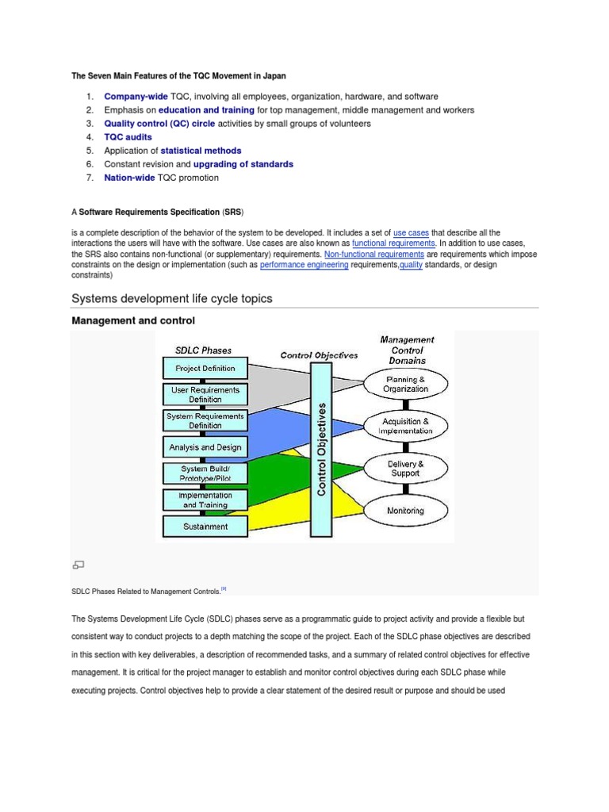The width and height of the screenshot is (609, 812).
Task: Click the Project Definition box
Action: (x=205, y=368)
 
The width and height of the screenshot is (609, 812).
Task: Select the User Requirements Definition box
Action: (x=205, y=394)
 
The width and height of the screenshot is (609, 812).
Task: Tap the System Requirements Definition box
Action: (x=205, y=420)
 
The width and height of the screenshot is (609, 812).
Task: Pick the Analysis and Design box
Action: (x=205, y=447)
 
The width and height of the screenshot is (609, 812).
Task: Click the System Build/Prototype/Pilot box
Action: (x=205, y=473)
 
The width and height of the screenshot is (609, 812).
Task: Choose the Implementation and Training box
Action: (x=205, y=500)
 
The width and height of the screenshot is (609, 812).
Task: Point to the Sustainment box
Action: (x=205, y=526)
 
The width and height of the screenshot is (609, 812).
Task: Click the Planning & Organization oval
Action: (x=405, y=385)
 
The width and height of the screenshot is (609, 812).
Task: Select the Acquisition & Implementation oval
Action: (x=405, y=426)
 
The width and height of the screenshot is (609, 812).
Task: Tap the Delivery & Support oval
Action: (x=405, y=469)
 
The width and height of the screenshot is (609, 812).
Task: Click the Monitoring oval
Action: (x=405, y=511)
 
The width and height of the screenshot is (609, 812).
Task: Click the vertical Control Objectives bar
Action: (x=322, y=449)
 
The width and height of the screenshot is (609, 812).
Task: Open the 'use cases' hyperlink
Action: (x=411, y=232)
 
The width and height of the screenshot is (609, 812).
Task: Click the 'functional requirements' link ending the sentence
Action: (x=393, y=243)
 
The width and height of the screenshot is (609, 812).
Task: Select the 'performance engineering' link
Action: (x=304, y=266)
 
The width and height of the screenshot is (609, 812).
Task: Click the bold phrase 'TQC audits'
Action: (x=128, y=137)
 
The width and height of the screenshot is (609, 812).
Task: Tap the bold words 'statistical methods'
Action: (x=201, y=151)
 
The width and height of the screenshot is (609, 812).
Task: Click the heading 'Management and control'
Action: (x=133, y=320)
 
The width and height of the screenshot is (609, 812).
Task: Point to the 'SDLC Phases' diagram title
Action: (x=203, y=350)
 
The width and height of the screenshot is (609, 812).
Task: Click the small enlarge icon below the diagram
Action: (x=78, y=565)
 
